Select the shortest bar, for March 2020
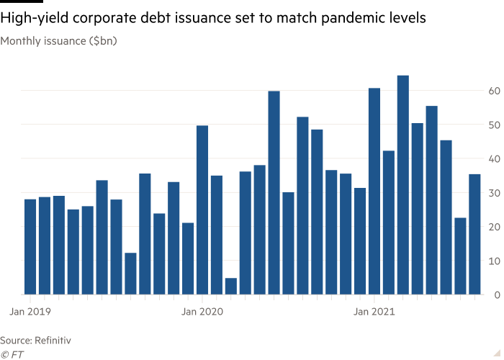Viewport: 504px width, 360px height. pyautogui.click(x=230, y=287)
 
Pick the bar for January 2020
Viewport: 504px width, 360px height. pyautogui.click(x=202, y=210)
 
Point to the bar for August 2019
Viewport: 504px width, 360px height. pyautogui.click(x=130, y=274)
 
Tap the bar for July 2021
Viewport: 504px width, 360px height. pyautogui.click(x=461, y=256)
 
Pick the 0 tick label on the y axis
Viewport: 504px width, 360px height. pyautogui.click(x=496, y=294)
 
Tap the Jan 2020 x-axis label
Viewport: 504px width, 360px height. pyautogui.click(x=202, y=312)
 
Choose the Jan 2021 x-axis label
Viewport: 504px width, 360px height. pyautogui.click(x=374, y=312)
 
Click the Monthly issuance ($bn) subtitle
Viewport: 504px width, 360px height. pyautogui.click(x=58, y=41)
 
